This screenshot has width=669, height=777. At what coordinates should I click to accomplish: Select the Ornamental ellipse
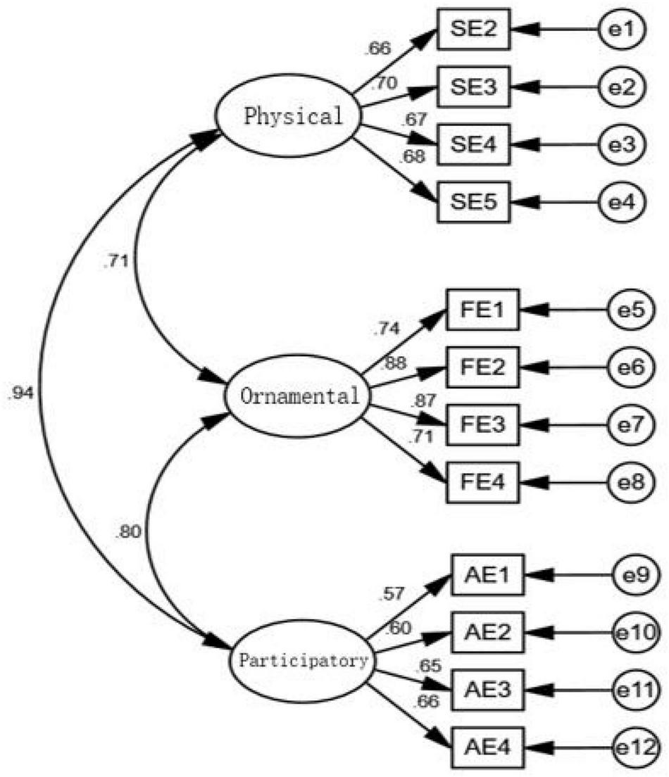[x=299, y=395]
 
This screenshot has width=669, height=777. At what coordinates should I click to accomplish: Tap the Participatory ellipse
[x=303, y=661]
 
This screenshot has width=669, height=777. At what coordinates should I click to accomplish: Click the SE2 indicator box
[x=472, y=31]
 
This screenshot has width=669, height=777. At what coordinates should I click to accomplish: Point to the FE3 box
[x=482, y=425]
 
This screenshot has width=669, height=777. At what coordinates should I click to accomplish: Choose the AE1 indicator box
[x=487, y=577]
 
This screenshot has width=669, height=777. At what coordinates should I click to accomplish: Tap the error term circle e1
[x=619, y=31]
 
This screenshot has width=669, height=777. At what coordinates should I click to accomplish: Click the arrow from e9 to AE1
[x=568, y=577]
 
